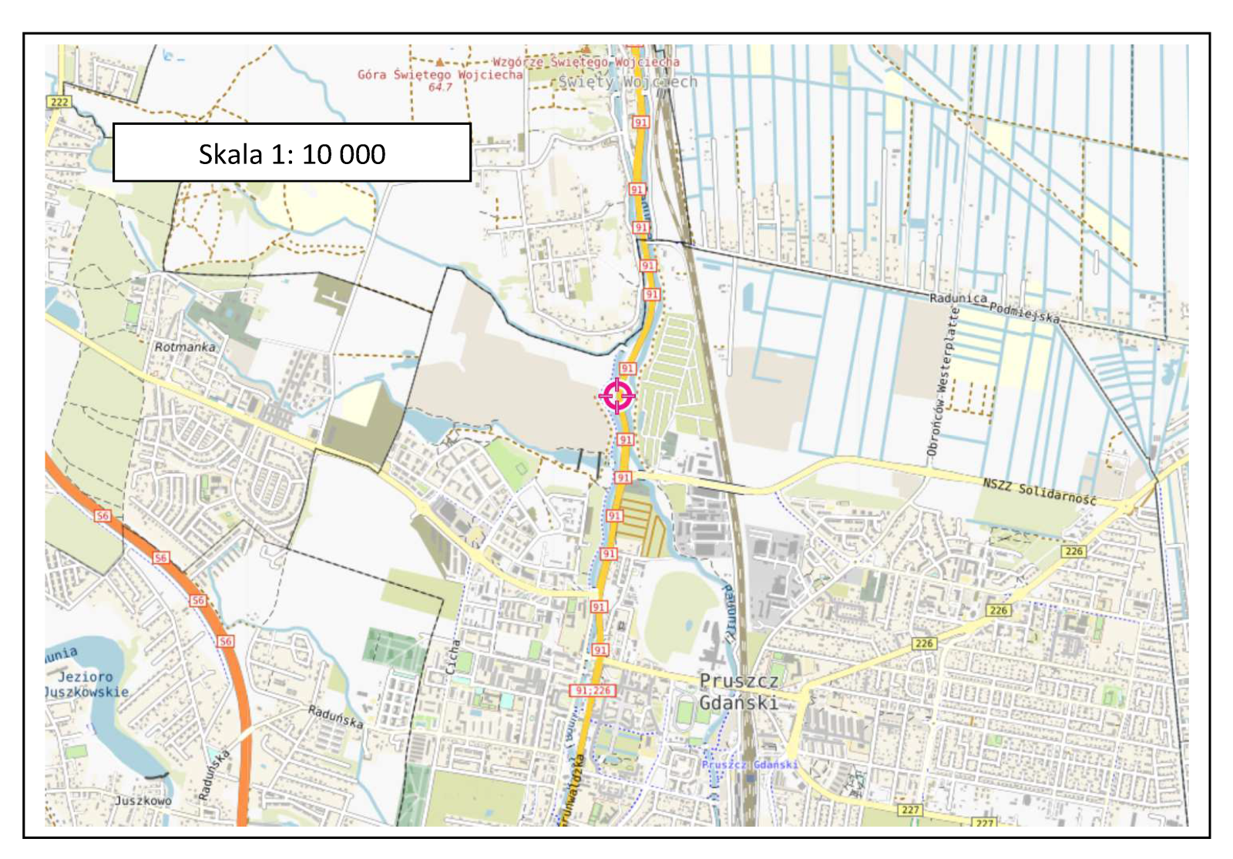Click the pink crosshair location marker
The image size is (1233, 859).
point(617,396)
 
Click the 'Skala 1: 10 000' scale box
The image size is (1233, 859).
point(292,153)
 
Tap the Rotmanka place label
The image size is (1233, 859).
point(185,347)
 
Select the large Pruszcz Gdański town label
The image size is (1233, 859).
point(739,692)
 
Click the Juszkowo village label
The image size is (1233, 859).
point(143,800)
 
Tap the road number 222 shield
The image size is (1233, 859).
point(59,102)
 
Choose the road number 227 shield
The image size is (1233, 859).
point(910,810)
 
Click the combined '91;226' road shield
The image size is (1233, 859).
point(593,690)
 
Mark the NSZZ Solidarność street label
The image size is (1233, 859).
point(1039,492)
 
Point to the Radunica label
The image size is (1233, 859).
point(958,298)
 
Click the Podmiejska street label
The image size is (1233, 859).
point(1024,312)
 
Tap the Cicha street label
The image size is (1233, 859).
point(453,656)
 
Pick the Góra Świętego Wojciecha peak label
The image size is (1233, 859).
point(440,75)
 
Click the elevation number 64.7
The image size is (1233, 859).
point(440,87)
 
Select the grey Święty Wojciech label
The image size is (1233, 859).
point(627,82)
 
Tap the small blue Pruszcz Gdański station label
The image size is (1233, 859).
point(749,764)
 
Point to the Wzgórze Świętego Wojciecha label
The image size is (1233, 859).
point(586,61)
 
